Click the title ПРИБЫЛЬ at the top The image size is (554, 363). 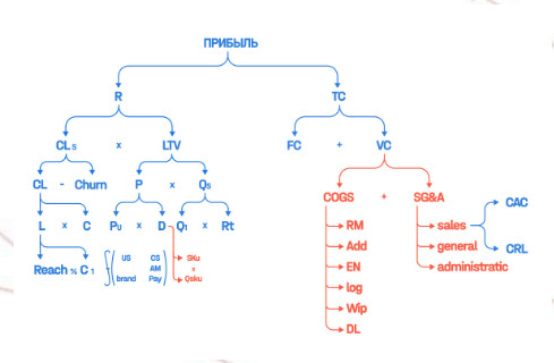(x=231, y=43)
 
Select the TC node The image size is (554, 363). (x=338, y=96)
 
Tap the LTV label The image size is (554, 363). (x=172, y=146)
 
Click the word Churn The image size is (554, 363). (x=91, y=185)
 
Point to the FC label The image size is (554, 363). (x=294, y=146)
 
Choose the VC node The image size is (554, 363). (x=384, y=146)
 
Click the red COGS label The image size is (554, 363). (x=338, y=197)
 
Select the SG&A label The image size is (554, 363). (x=429, y=197)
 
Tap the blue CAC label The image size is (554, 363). (x=517, y=202)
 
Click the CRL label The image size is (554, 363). (x=517, y=249)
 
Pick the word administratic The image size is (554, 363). (x=472, y=267)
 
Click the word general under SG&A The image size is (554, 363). (x=457, y=246)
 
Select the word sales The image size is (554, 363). (x=452, y=226)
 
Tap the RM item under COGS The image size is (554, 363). (x=355, y=226)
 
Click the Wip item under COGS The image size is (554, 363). (x=357, y=309)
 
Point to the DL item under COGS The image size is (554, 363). (x=353, y=329)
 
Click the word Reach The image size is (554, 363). (x=51, y=270)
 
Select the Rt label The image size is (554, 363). (x=228, y=226)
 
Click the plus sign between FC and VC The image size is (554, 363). (x=339, y=145)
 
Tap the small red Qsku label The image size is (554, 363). (x=193, y=279)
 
